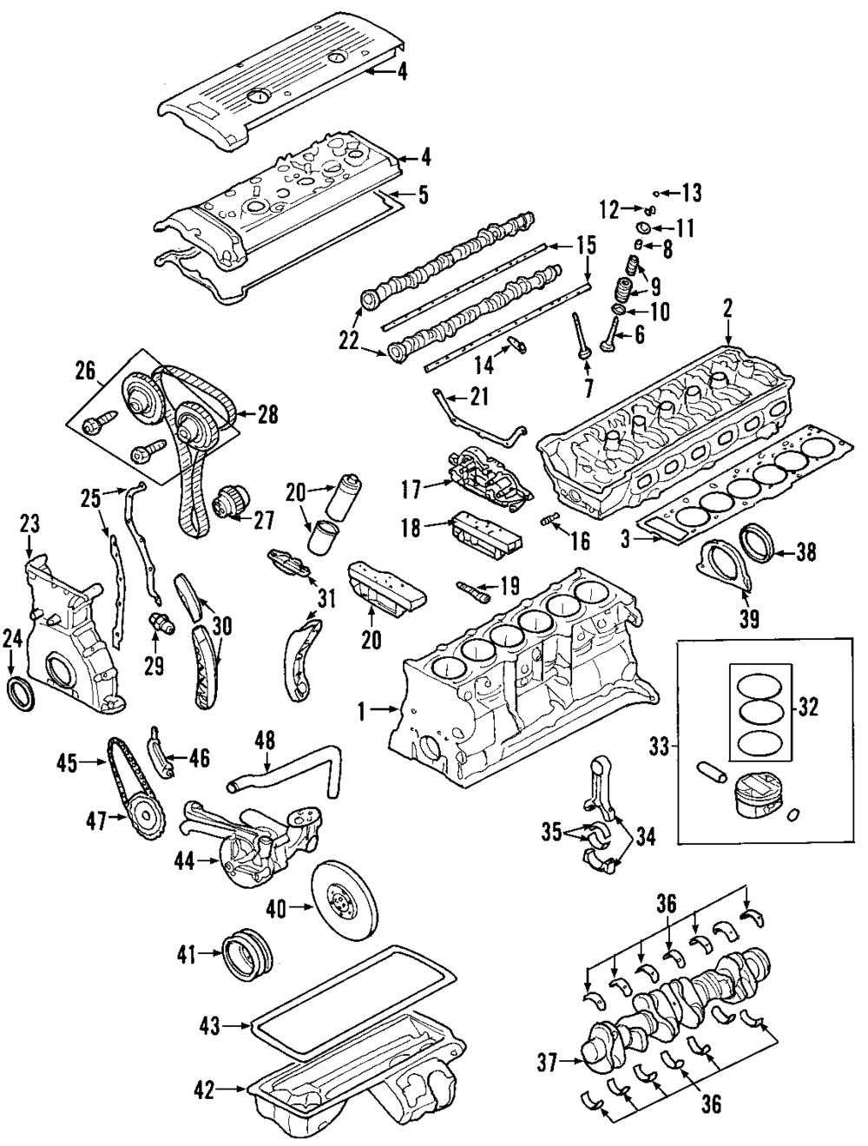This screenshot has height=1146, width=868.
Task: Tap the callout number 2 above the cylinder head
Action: tap(728, 307)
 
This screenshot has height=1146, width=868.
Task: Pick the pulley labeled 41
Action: tap(246, 955)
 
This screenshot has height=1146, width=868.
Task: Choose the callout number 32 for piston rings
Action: tap(808, 707)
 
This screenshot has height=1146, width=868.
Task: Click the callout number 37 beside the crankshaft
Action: tap(546, 1061)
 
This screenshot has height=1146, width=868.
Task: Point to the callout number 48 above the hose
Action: tap(266, 741)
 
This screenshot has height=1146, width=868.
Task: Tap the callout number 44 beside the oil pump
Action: tap(183, 861)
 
